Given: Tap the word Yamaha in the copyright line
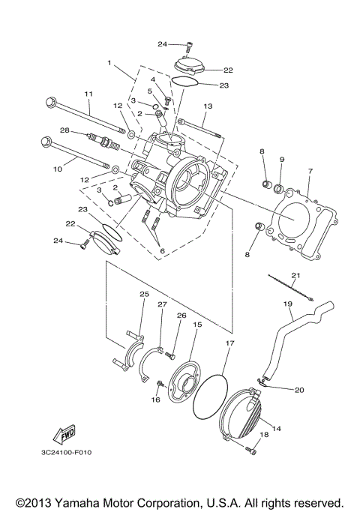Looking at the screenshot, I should click(x=88, y=501).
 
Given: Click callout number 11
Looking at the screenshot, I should click(x=88, y=94).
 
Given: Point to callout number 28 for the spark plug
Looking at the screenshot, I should click(x=65, y=130).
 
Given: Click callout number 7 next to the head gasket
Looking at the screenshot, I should click(x=309, y=172).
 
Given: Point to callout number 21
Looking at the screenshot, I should click(x=295, y=275).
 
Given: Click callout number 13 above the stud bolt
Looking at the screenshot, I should click(x=208, y=107).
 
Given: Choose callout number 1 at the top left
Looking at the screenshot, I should click(x=109, y=64).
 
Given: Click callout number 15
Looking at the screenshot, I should click(x=198, y=325).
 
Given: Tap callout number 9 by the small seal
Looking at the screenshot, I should click(x=282, y=160).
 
